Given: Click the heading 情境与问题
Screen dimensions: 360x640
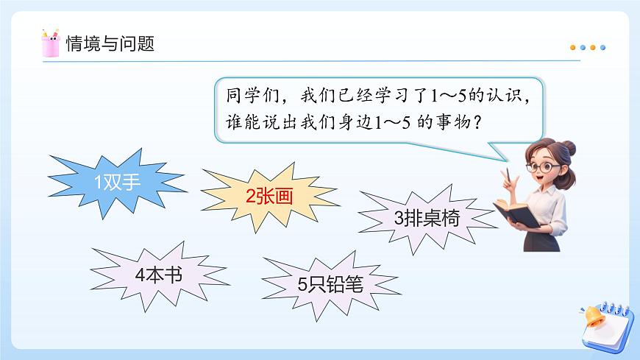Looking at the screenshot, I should (x=110, y=43).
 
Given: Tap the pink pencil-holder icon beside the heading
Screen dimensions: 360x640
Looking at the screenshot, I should (x=51, y=43).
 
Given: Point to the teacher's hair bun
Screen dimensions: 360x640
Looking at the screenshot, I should (x=569, y=149).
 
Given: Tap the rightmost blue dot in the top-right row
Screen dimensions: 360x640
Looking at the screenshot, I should (x=603, y=48).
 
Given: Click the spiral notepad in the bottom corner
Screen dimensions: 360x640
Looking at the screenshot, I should (x=611, y=324).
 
